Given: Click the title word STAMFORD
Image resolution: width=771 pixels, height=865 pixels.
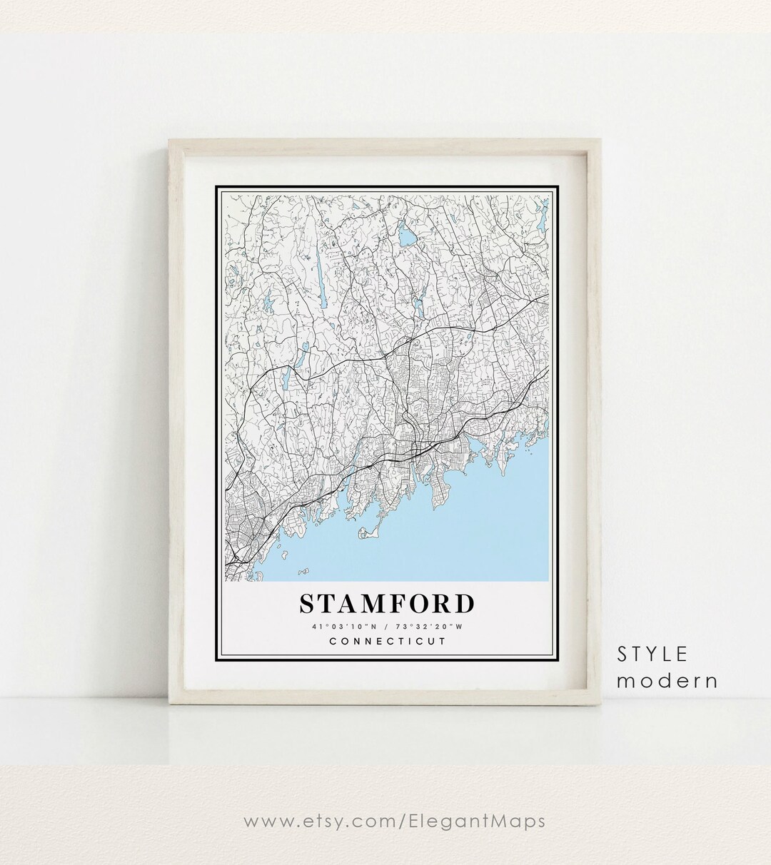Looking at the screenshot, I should pyautogui.click(x=386, y=604).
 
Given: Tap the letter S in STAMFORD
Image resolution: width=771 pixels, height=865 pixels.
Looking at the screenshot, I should pyautogui.click(x=308, y=604).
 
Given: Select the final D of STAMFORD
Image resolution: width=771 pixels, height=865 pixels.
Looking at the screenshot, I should pyautogui.click(x=464, y=604).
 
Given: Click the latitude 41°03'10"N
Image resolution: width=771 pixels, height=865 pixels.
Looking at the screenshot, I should pyautogui.click(x=340, y=627).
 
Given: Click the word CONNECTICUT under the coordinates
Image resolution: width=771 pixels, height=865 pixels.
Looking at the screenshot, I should pyautogui.click(x=387, y=641).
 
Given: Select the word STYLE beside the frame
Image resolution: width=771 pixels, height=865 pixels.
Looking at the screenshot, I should pyautogui.click(x=652, y=654).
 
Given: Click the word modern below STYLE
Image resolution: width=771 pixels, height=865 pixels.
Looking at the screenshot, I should pyautogui.click(x=667, y=681).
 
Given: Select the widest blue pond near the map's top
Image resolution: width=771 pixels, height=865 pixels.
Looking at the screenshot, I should pyautogui.click(x=408, y=233).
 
